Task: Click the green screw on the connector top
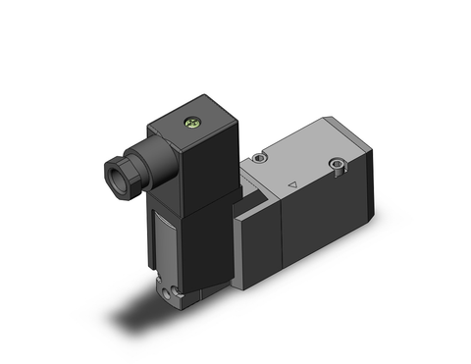tap(193, 125)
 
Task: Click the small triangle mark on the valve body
tap(293, 182)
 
